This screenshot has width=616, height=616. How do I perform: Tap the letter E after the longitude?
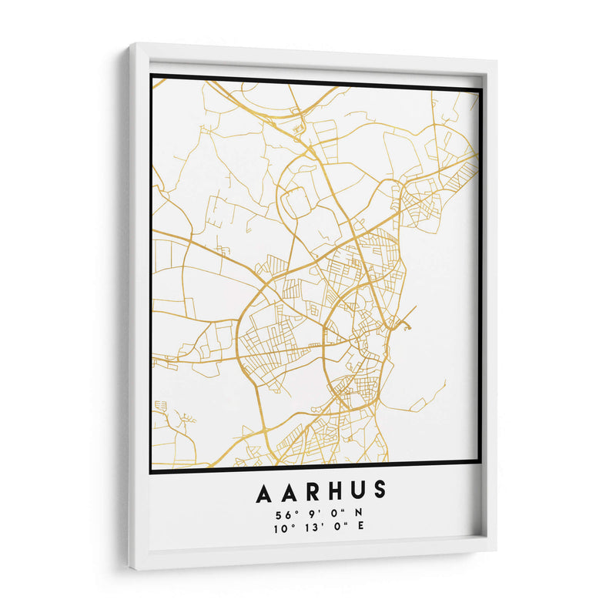click(x=360, y=527)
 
